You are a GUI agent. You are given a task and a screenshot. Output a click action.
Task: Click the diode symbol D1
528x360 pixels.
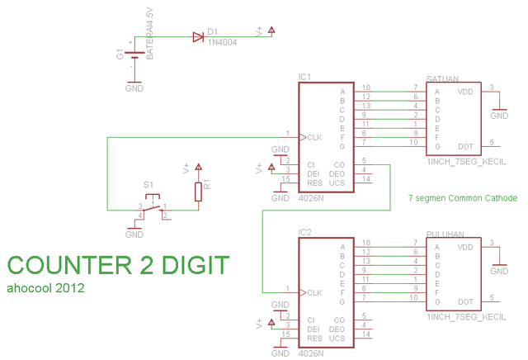[x=198, y=37]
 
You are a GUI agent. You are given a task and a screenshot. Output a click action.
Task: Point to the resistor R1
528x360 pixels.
[x=198, y=192]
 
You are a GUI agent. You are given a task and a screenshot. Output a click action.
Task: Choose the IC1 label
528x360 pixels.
[x=304, y=77]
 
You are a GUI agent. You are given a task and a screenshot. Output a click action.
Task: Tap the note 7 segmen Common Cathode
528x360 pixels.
[x=463, y=198]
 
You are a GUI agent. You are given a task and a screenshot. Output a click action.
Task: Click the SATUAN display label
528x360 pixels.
[x=442, y=78]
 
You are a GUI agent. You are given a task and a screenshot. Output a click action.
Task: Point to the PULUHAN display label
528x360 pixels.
[x=445, y=234]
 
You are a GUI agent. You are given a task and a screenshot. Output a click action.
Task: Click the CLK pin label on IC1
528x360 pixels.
[x=314, y=137]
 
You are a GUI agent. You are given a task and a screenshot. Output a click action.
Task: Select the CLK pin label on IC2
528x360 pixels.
[x=314, y=293]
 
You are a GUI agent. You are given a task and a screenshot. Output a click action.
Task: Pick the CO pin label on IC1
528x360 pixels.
[x=339, y=163]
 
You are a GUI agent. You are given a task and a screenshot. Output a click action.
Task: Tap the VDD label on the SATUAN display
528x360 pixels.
[x=465, y=92]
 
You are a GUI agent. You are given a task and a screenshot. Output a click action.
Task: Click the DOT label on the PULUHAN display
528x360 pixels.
[x=465, y=302]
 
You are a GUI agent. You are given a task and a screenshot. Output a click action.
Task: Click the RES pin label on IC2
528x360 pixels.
[x=313, y=338]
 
